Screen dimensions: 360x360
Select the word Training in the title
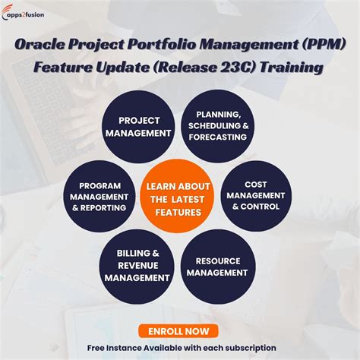(296, 68)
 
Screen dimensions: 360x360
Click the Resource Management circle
(218, 267)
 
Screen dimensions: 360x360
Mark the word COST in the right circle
(256, 184)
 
